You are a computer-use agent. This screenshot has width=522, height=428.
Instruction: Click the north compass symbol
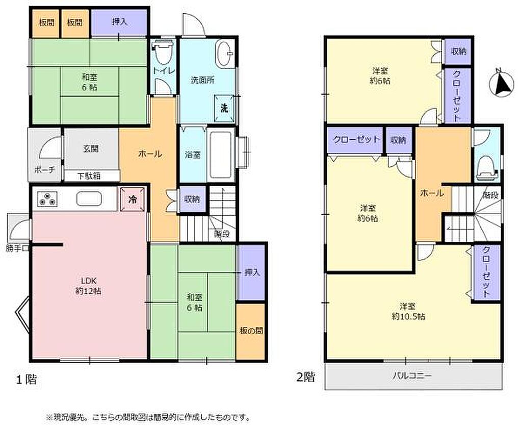point(502,83)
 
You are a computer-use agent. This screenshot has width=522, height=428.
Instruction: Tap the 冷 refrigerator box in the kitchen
point(133,199)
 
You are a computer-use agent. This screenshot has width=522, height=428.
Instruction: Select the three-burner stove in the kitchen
point(46,199)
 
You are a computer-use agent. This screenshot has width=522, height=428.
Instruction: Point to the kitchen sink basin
point(89,199)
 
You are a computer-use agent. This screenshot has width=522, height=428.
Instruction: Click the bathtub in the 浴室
point(221,155)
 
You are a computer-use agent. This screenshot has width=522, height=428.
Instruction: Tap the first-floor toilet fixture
point(162,53)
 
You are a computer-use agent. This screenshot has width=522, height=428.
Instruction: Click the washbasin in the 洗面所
point(225,53)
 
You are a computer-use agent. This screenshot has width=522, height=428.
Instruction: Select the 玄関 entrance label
point(91,148)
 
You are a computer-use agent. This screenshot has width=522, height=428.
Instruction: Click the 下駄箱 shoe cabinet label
point(89,176)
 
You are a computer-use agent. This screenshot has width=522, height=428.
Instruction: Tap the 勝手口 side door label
point(18,248)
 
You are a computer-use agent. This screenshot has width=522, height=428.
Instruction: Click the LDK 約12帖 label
point(88,285)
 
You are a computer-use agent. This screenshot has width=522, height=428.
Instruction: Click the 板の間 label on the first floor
point(251,331)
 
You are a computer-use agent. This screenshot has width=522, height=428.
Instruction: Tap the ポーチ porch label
point(45,169)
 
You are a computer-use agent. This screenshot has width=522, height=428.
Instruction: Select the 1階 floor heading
point(27,379)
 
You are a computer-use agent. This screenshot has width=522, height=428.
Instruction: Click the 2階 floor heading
point(305,376)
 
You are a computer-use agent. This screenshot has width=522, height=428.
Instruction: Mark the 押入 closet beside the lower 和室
point(252,272)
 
